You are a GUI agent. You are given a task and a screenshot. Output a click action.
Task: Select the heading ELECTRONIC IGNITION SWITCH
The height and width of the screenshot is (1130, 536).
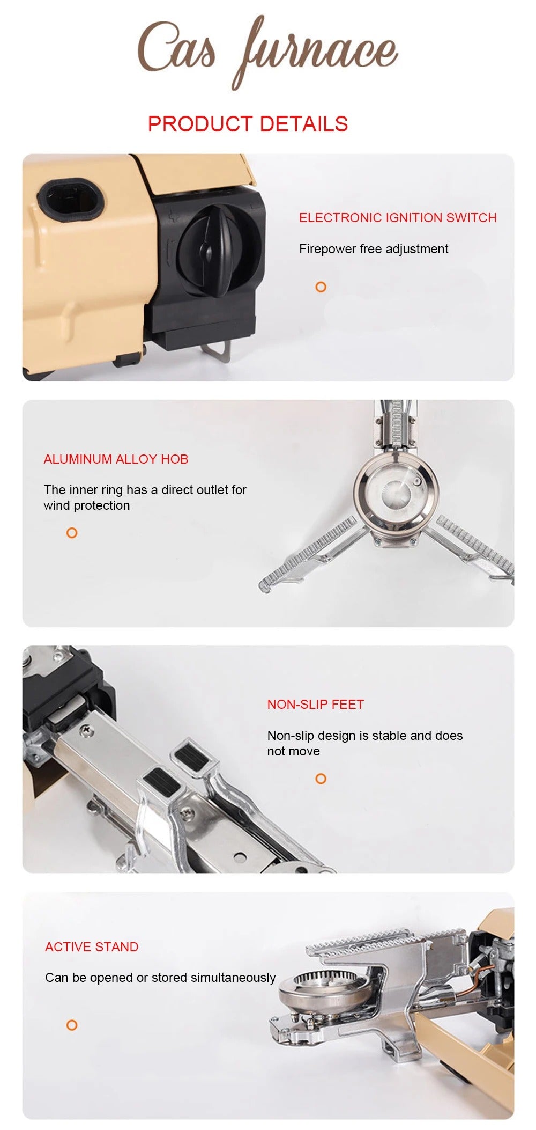pos(398,218)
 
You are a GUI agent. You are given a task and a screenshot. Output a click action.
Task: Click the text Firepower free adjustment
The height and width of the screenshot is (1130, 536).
pos(374,249)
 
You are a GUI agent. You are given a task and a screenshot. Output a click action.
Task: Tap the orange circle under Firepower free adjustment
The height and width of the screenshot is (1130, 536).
pos(321,287)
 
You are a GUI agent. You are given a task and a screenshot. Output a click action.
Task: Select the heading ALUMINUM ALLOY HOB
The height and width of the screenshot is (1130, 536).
pos(116,459)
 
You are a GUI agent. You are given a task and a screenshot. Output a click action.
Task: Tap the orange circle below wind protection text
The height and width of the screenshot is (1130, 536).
pos(72,533)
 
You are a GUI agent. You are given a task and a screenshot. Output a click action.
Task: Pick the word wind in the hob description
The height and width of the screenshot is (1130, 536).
pos(56,505)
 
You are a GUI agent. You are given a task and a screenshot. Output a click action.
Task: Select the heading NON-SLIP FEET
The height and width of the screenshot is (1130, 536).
pos(315,705)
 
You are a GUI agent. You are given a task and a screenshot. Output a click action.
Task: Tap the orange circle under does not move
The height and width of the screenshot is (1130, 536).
pos(321,779)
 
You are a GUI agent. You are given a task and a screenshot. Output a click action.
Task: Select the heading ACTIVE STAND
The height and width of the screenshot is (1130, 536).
pos(92,947)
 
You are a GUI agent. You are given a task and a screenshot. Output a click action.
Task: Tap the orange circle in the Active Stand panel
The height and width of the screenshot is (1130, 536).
pos(71,1025)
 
